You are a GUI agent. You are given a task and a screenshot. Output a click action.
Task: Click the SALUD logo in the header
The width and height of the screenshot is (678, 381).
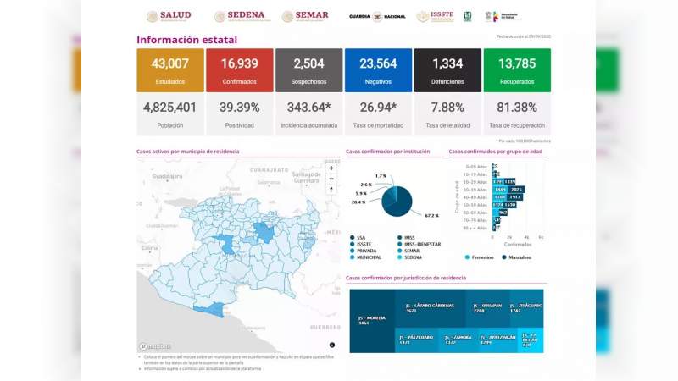[169, 16]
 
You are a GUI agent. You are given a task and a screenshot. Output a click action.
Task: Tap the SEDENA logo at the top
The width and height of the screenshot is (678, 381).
[240, 16]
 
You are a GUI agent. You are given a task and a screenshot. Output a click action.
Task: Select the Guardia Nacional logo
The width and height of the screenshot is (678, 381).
[377, 16]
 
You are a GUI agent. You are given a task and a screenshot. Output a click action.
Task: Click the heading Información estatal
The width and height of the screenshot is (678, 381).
[186, 40]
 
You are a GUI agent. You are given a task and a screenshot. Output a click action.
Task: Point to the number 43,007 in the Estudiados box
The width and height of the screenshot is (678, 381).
[170, 63]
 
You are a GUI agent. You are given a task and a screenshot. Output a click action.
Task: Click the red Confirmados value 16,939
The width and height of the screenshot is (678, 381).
[239, 63]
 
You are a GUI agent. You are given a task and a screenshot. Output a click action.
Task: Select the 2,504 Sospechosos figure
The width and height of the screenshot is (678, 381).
[308, 63]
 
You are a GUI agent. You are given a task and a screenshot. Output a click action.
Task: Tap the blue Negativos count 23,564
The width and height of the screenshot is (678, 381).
[378, 63]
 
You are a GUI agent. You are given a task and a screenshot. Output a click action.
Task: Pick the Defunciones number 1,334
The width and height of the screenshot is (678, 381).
[447, 63]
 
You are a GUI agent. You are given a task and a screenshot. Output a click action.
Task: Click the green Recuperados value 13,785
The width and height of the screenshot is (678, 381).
[517, 63]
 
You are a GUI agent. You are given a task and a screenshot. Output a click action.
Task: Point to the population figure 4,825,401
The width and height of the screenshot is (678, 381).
[170, 108]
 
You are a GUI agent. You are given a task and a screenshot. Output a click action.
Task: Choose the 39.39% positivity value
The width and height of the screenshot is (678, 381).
[239, 108]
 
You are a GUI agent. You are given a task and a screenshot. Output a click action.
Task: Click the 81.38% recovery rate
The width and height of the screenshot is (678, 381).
[517, 108]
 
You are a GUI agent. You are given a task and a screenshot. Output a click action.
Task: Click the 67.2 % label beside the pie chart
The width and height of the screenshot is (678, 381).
[431, 216]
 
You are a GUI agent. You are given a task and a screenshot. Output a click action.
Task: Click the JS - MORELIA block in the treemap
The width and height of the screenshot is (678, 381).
[371, 320]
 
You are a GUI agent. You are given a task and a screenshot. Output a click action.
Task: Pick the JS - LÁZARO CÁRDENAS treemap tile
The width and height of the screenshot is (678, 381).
[430, 308]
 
